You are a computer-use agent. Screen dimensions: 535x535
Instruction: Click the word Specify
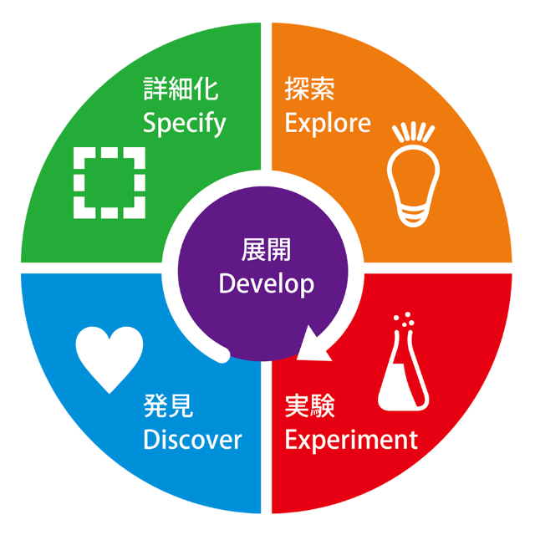point(184,124)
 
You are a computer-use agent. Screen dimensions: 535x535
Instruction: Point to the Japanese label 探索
point(309,90)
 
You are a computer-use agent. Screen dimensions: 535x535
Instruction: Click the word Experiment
point(351,438)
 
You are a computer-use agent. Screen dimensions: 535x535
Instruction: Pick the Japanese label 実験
point(309,406)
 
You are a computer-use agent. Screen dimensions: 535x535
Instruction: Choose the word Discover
point(192,439)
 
